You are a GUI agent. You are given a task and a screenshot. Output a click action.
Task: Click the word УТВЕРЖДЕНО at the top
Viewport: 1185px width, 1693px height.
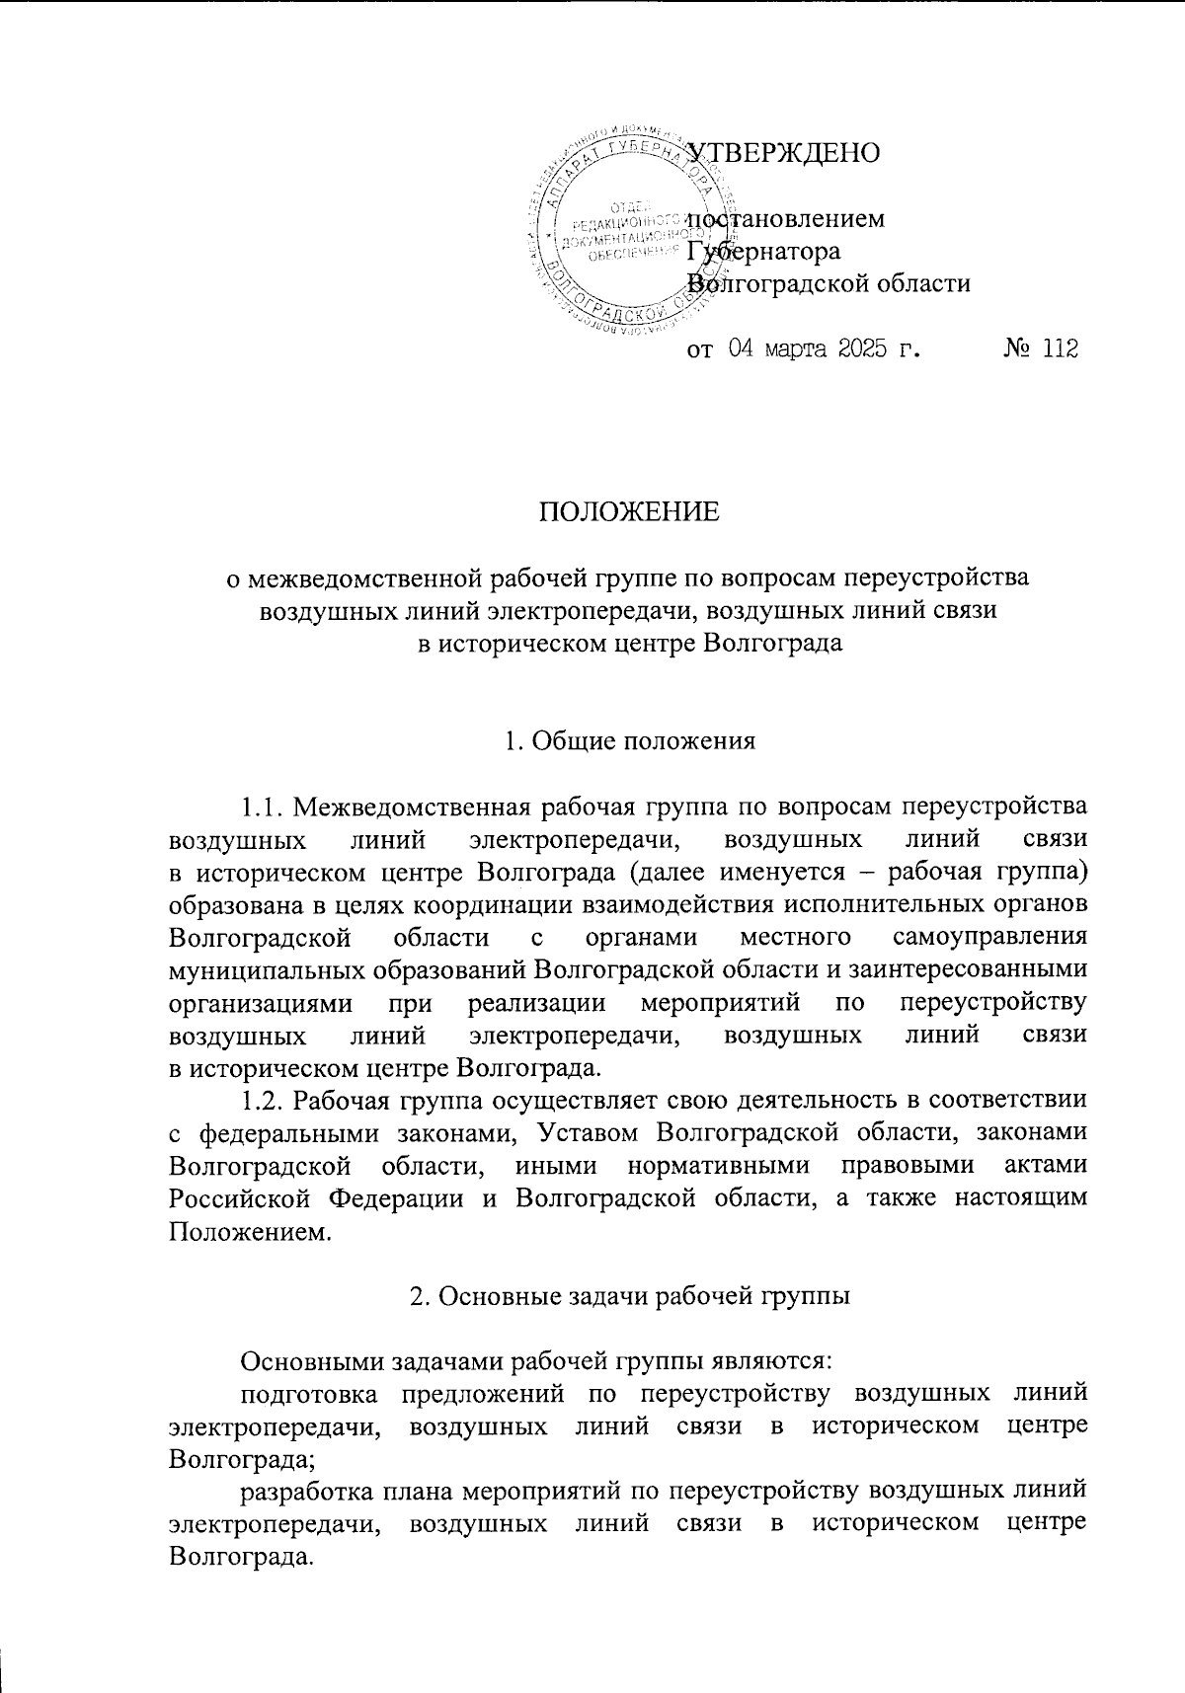782,154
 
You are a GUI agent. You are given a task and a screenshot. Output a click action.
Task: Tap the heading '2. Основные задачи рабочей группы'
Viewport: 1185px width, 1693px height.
629,1297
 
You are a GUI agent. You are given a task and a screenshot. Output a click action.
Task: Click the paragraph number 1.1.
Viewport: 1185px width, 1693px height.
264,806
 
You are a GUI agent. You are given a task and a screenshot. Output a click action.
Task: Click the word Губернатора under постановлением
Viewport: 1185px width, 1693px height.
764,252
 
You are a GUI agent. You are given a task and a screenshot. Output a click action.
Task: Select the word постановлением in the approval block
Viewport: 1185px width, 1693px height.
786,218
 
